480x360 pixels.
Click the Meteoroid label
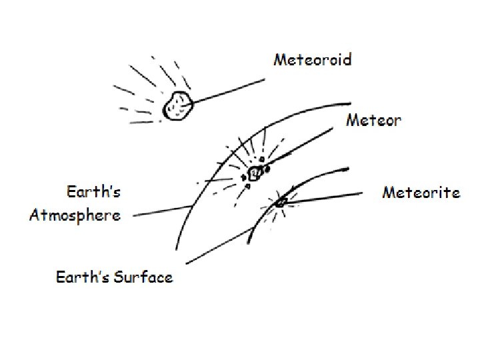click(313, 59)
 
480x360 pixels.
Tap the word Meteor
click(373, 120)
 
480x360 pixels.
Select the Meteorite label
click(421, 193)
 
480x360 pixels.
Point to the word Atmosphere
click(75, 215)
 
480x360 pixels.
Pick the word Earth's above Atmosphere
click(94, 193)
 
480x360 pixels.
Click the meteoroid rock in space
click(177, 106)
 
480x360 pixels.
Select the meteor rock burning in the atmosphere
click(255, 174)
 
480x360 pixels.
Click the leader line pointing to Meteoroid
click(227, 91)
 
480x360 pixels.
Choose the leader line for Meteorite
click(327, 197)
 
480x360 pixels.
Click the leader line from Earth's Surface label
click(220, 246)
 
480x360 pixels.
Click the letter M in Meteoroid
click(280, 59)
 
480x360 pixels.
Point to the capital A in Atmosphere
click(35, 215)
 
